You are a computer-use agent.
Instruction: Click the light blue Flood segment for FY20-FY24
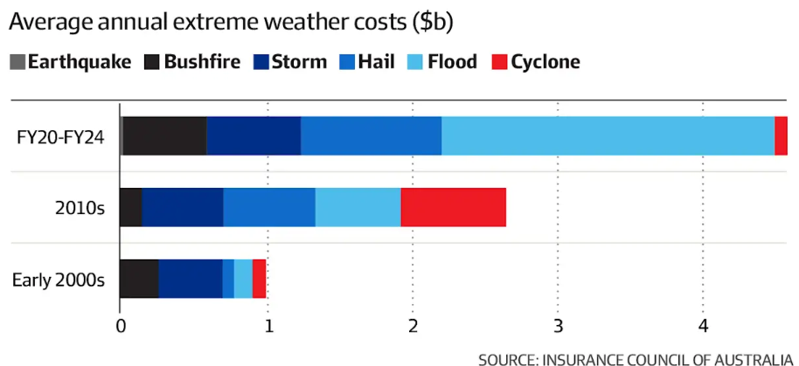point(608,136)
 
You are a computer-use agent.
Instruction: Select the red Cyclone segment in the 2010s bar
point(453,207)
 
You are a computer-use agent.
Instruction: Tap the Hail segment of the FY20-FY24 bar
point(371,136)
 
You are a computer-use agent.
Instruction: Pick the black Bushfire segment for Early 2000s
point(139,279)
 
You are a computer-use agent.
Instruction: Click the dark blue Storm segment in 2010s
point(182,207)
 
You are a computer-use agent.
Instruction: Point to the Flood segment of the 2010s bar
point(358,207)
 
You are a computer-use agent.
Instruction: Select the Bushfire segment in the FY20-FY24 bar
point(164,136)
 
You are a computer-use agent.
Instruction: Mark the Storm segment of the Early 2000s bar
point(190,279)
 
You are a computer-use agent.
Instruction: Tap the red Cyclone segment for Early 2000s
point(259,279)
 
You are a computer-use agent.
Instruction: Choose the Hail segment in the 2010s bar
point(268,207)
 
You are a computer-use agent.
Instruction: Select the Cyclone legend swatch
point(499,62)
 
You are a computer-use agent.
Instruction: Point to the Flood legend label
point(452,62)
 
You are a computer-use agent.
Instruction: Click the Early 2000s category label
point(59,280)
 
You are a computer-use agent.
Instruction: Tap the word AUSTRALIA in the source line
point(741,358)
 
